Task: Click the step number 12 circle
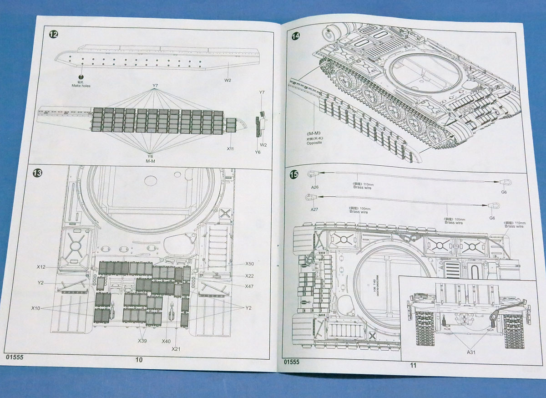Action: [53, 35]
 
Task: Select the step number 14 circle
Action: [296, 36]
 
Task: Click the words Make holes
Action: [81, 86]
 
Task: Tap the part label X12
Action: [42, 266]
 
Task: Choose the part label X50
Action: [249, 264]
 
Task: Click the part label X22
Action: [249, 276]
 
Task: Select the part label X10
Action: [36, 308]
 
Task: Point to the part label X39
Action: [142, 341]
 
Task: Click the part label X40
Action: [166, 341]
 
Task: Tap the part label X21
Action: [177, 349]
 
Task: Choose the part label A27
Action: [314, 209]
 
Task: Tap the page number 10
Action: [139, 360]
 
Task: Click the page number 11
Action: [413, 365]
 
